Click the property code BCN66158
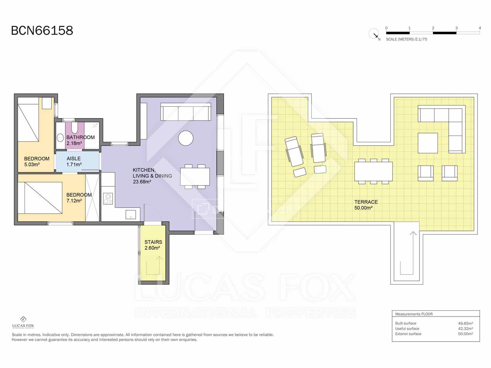(x=42, y=31)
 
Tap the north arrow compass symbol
(x=374, y=33)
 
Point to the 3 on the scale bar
(x=456, y=28)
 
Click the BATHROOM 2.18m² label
(x=80, y=140)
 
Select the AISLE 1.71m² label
(x=74, y=161)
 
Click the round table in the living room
(x=186, y=138)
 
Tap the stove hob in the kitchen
(x=108, y=198)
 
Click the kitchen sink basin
(x=131, y=214)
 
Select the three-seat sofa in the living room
(x=186, y=112)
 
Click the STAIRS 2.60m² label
(x=153, y=245)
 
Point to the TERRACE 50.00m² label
(x=365, y=205)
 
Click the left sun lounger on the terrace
(x=294, y=149)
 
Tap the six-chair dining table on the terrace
(x=373, y=171)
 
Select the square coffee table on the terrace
(x=427, y=143)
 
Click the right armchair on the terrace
(x=450, y=173)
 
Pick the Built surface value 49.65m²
(x=465, y=323)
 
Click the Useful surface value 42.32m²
(x=465, y=328)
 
